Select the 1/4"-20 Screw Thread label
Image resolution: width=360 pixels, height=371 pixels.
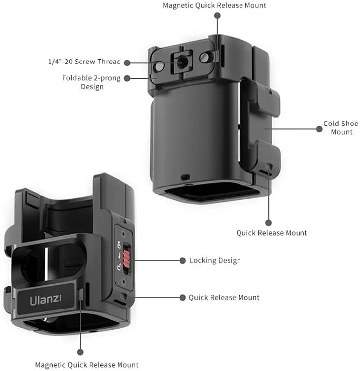coord(84,62)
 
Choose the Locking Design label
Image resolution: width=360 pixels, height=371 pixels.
coord(215,260)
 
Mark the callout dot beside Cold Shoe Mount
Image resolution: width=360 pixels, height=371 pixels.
coord(319,129)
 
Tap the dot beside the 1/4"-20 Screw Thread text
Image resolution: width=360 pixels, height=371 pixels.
coord(127,62)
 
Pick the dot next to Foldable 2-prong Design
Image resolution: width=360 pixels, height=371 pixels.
coord(127,78)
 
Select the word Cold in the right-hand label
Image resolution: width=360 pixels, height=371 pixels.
coord(331,124)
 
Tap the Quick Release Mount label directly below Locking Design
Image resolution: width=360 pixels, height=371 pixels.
coord(224,298)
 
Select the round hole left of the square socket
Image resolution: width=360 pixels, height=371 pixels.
coord(160,64)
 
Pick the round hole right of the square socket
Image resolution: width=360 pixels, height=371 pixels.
coord(203,58)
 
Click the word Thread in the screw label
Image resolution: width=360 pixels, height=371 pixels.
coord(110,62)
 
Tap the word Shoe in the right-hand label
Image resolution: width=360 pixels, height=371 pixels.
coord(349,124)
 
